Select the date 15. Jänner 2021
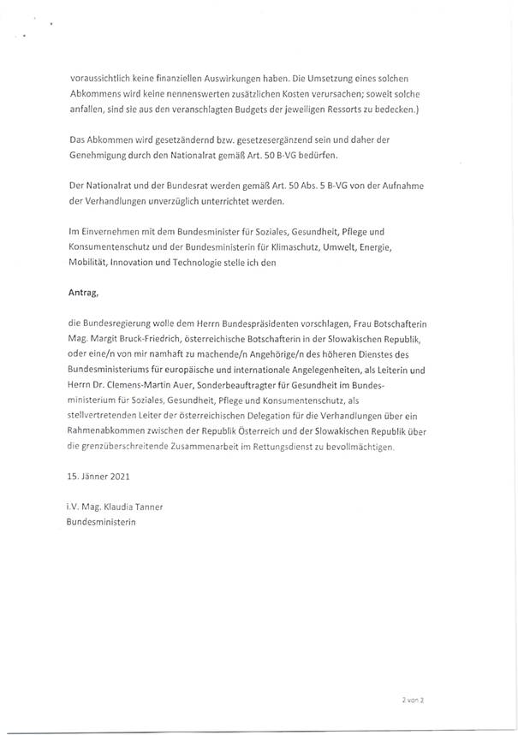pyautogui.click(x=99, y=474)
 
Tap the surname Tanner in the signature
pyautogui.click(x=145, y=506)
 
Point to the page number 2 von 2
pyautogui.click(x=414, y=699)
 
